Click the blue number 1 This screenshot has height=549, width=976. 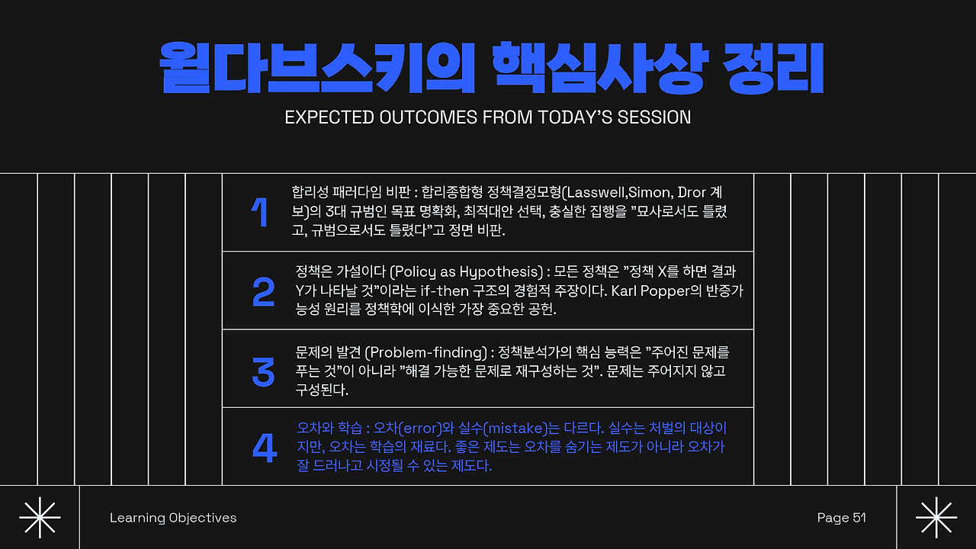(x=260, y=212)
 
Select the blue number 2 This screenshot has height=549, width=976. (x=264, y=291)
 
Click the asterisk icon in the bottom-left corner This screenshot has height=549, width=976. (x=40, y=517)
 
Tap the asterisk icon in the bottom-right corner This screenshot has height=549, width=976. (x=936, y=517)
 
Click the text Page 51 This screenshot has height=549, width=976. (x=841, y=518)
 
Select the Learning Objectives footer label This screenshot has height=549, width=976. (x=173, y=518)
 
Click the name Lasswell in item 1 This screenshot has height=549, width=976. (x=595, y=192)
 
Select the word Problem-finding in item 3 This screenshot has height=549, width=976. (x=426, y=352)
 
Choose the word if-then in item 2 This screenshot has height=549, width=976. (x=445, y=291)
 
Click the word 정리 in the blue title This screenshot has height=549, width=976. (x=773, y=69)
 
